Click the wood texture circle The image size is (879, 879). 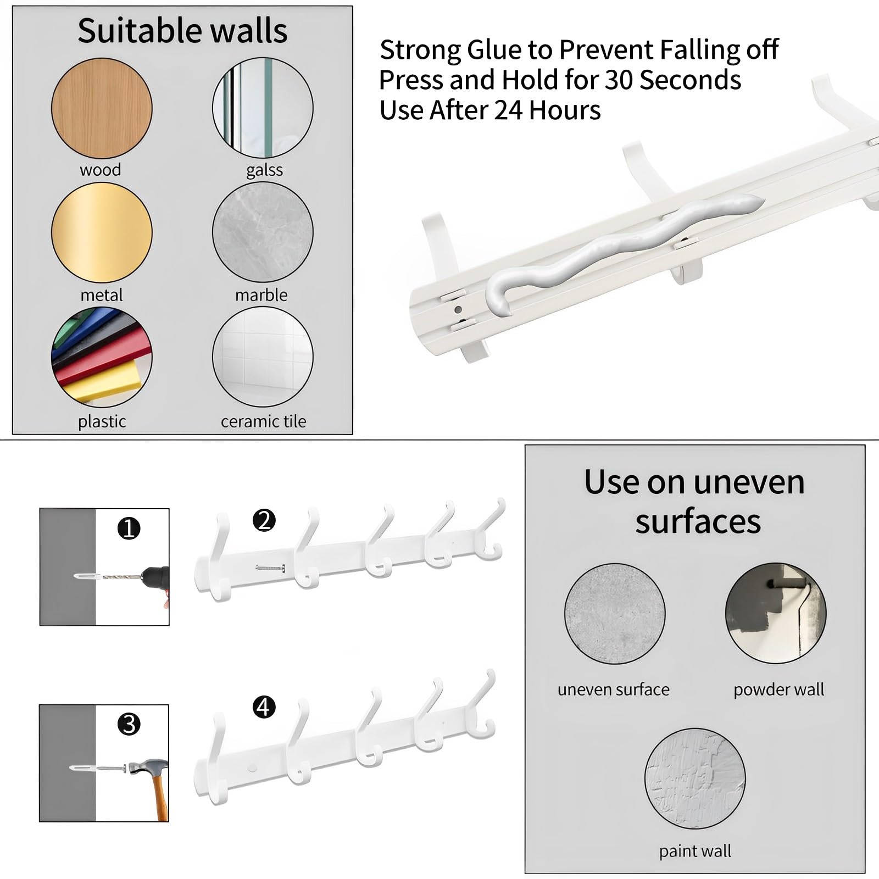102,108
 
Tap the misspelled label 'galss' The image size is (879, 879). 264,170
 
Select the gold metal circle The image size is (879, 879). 102,232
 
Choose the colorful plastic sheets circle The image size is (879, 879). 102,357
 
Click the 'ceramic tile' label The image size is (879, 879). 263,421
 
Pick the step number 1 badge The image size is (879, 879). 129,528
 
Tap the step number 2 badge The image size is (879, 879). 264,520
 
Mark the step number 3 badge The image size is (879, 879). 129,724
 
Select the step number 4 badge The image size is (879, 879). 264,707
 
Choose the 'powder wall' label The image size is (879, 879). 778,690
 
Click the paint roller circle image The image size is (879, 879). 776,613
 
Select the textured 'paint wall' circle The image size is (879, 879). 695,778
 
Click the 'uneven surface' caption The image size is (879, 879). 613,689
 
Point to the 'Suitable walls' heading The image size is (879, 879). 182,31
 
